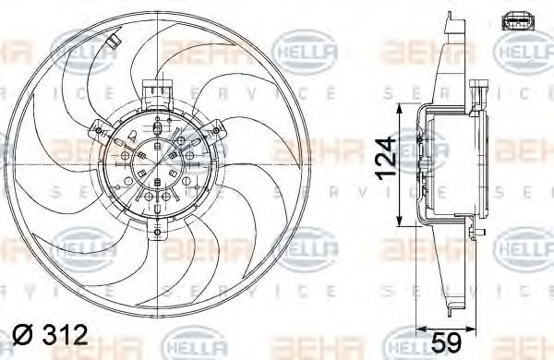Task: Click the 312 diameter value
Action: coord(65,334)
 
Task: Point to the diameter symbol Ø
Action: coord(22,335)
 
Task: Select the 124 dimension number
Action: coord(385,159)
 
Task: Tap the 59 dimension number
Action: coord(447,342)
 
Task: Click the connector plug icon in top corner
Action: coord(518,20)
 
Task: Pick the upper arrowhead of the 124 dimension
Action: coord(400,109)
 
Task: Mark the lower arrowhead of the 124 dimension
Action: coord(400,221)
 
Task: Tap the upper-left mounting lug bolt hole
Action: coord(99,131)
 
